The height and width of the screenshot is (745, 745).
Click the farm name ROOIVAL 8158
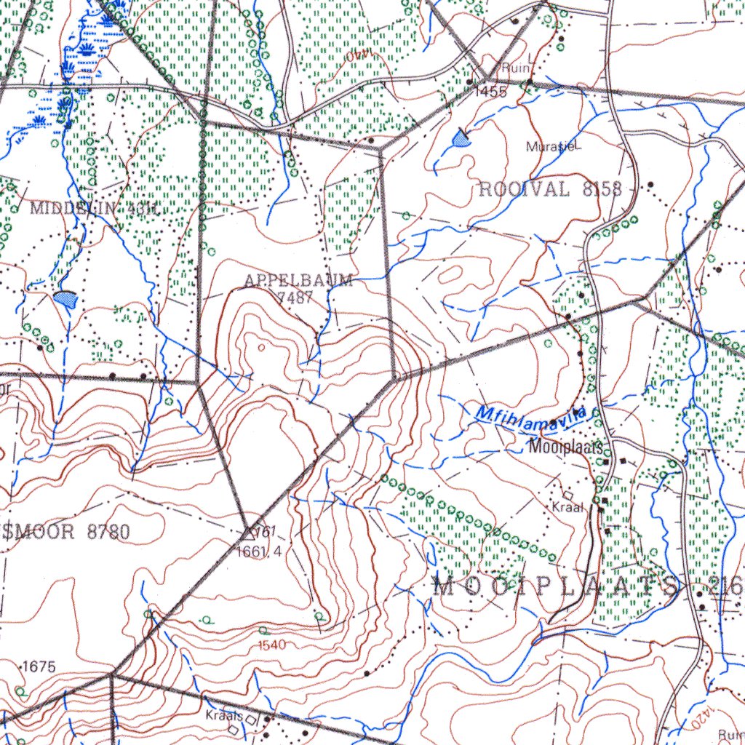coord(550,190)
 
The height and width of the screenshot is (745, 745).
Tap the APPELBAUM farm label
coord(298,281)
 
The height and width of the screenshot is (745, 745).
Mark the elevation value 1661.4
coord(259,551)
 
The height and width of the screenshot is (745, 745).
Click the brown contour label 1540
coord(272,645)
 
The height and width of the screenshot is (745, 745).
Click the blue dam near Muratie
coord(461,138)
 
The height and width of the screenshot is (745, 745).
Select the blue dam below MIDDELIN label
coord(65,299)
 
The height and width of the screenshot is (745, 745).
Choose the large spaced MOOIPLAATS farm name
coord(557,586)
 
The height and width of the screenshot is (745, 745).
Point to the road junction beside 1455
coord(486,77)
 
